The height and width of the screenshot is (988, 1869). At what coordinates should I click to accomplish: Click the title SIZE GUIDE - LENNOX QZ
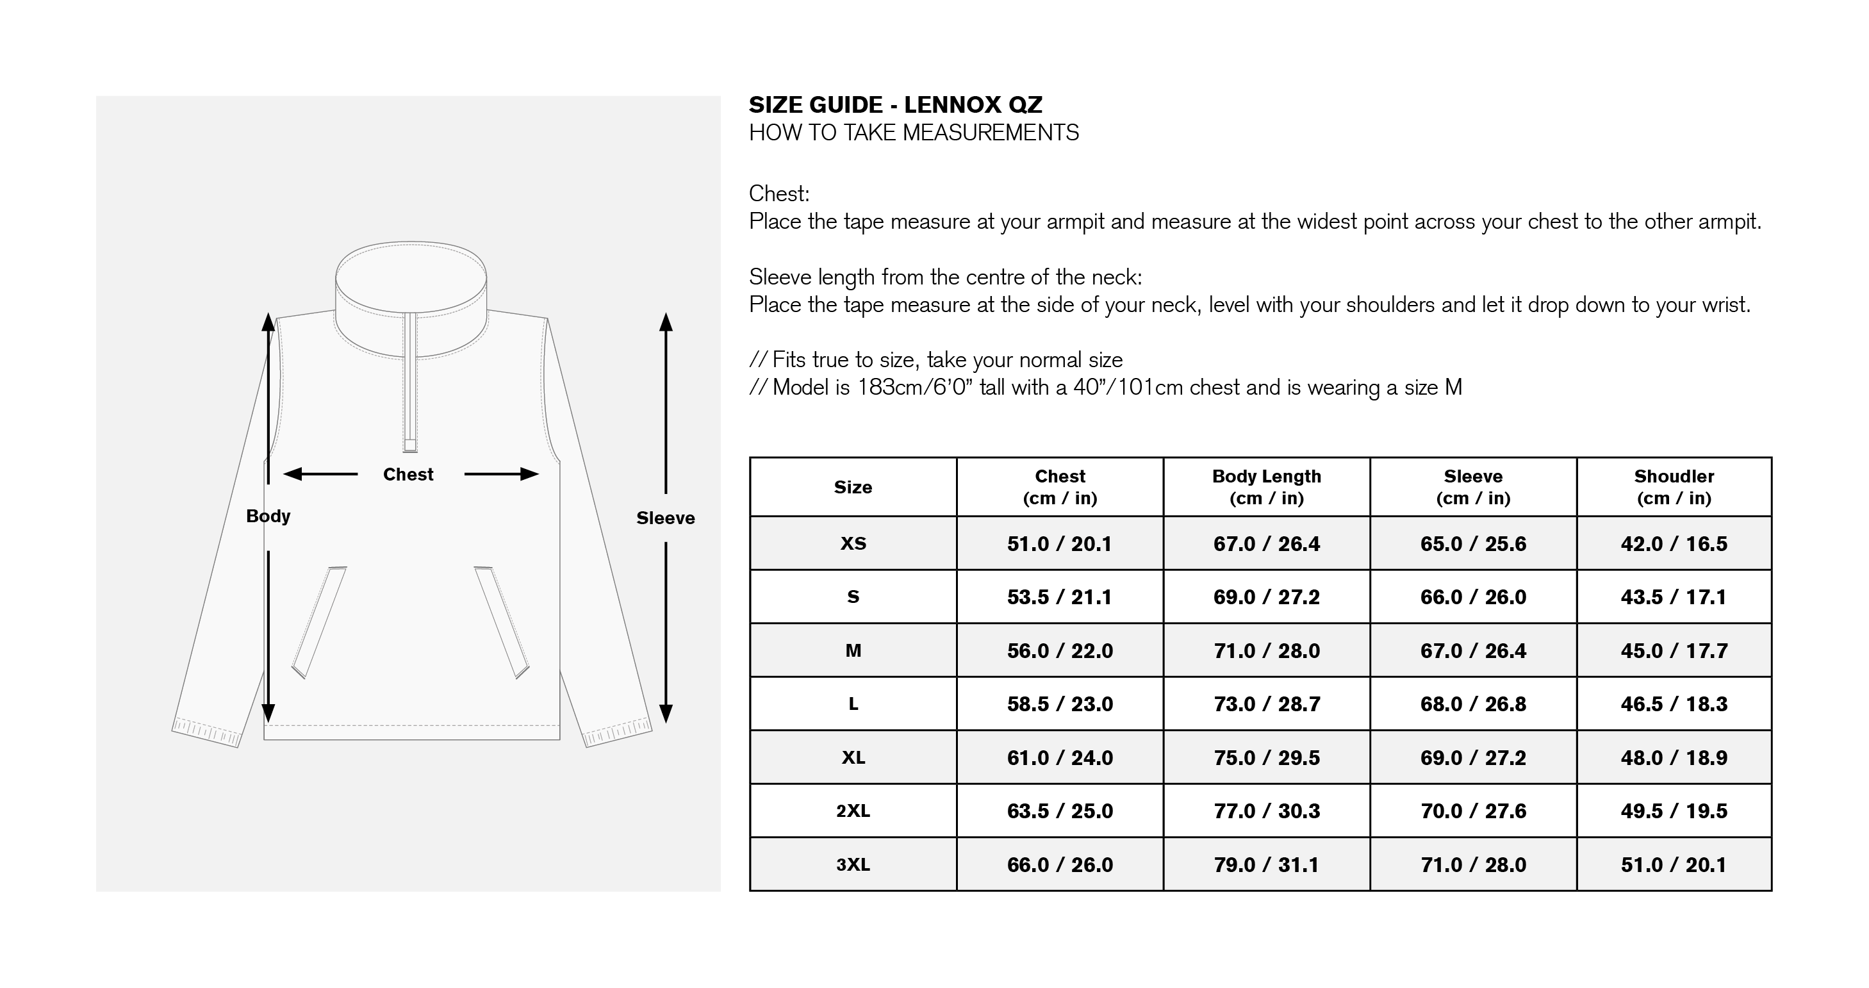[895, 105]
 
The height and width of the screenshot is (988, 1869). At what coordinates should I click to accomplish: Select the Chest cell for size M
[1060, 651]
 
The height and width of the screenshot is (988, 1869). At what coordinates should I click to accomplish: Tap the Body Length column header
[1267, 487]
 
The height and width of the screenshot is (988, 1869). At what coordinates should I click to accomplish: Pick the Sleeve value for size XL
[1474, 758]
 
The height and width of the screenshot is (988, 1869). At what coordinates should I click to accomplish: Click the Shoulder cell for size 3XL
[1674, 865]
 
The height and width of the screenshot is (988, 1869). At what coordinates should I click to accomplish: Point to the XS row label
[853, 544]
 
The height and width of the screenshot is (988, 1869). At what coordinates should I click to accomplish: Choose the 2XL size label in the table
[853, 811]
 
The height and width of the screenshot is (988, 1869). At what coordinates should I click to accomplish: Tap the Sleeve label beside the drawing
[665, 518]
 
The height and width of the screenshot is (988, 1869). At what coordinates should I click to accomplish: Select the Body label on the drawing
[268, 516]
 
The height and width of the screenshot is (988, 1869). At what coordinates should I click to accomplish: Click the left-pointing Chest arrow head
[292, 474]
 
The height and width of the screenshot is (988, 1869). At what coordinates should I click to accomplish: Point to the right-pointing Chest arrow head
[530, 474]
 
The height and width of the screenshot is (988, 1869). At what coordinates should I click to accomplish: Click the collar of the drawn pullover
[411, 299]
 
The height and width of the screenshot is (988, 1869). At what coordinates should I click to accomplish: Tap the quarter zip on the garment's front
[411, 383]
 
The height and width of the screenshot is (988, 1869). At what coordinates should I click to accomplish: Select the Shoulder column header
[1674, 487]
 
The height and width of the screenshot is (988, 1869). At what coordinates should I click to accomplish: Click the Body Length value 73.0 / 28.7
[1267, 704]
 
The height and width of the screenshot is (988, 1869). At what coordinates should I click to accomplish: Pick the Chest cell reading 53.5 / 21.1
[1060, 597]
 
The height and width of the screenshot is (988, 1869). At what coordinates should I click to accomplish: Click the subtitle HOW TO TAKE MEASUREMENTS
[914, 133]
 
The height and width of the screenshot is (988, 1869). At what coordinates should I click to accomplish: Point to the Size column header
[853, 488]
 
